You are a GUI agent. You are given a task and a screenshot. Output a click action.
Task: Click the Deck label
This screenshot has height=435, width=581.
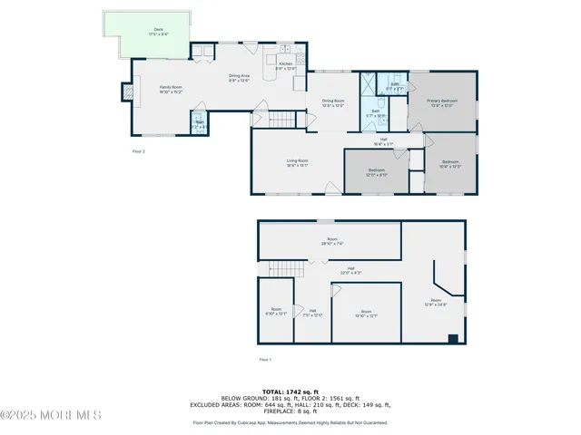point(158,33)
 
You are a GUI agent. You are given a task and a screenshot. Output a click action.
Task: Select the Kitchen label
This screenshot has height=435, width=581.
point(286,65)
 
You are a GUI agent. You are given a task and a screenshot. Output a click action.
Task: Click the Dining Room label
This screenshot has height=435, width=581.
point(333,102)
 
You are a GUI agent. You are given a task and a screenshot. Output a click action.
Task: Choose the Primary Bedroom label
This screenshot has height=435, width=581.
point(442,102)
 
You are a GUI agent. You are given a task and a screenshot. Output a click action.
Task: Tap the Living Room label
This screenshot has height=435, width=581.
point(297,162)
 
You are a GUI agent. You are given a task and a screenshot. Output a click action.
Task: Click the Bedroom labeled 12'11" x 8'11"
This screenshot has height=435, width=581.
point(376,171)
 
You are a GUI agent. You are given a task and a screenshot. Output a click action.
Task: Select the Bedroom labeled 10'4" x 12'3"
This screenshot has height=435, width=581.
point(451,165)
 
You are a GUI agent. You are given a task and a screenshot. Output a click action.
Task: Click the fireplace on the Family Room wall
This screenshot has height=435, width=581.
point(128,91)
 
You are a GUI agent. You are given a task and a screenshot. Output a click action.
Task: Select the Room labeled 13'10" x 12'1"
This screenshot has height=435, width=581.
point(365,314)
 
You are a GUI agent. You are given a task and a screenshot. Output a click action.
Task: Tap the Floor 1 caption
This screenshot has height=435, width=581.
point(265,360)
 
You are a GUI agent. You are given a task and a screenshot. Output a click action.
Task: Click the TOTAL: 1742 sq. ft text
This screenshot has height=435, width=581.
point(290,391)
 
